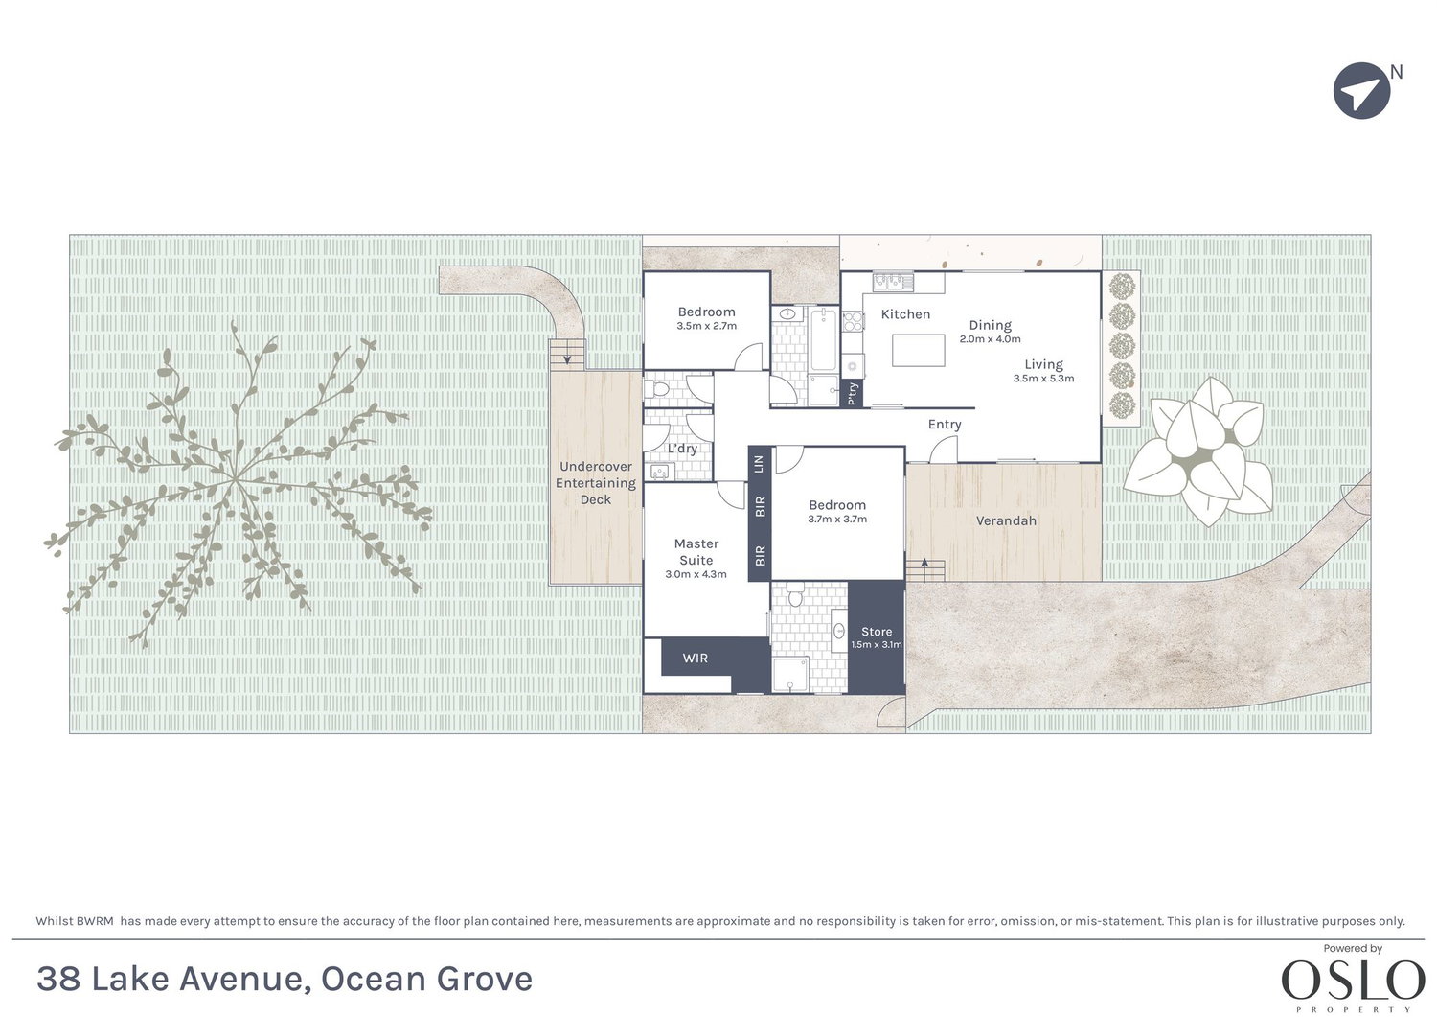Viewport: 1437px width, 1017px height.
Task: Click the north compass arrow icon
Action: (x=1361, y=91)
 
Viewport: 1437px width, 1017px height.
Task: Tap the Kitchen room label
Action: (x=905, y=314)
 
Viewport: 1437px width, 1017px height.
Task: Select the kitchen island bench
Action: (x=918, y=350)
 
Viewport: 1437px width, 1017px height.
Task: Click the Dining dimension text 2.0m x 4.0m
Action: (x=990, y=339)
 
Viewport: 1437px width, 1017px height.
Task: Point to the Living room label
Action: (x=1043, y=364)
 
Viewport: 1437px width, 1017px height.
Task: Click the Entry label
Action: (x=944, y=425)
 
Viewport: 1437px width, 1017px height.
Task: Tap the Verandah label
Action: (x=1006, y=520)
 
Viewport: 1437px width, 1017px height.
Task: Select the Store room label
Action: (x=877, y=632)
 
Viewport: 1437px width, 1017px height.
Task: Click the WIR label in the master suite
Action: (x=696, y=658)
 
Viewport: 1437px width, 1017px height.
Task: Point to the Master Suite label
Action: (x=696, y=552)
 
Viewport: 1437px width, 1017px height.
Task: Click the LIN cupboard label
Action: (x=760, y=464)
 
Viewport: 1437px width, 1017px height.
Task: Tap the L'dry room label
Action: (x=682, y=449)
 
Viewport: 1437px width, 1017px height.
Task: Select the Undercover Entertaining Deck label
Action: (x=595, y=483)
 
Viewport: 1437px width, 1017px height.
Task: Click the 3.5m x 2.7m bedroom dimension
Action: (x=706, y=326)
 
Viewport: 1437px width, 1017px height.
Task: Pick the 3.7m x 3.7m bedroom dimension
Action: (x=836, y=520)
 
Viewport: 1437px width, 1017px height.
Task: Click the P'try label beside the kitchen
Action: (x=853, y=394)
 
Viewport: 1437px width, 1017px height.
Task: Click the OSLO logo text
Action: (x=1353, y=981)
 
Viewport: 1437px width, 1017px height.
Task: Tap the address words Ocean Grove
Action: (x=426, y=979)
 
